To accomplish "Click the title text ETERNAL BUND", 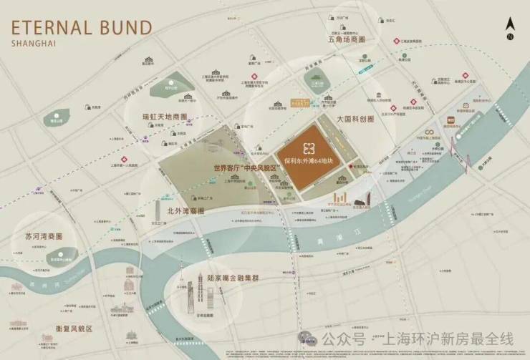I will (x=81, y=29).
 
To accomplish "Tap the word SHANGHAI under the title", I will (x=34, y=44).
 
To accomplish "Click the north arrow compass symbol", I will (x=510, y=29).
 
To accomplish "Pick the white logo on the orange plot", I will (x=309, y=148).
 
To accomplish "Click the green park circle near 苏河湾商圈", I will (x=62, y=252).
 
